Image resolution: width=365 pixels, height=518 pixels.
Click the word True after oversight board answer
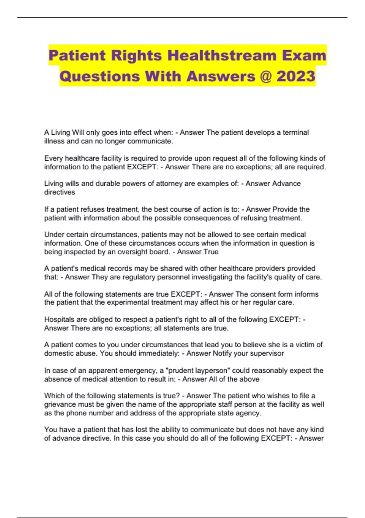tap(211, 252)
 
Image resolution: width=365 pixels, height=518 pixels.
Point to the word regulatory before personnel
tap(125, 277)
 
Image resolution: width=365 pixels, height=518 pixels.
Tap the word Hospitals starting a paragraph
tap(60, 319)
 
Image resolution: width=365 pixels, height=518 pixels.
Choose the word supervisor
tap(268, 353)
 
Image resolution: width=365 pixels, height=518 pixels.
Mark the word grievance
tap(59, 404)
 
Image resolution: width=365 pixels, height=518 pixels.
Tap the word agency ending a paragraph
tap(250, 413)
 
